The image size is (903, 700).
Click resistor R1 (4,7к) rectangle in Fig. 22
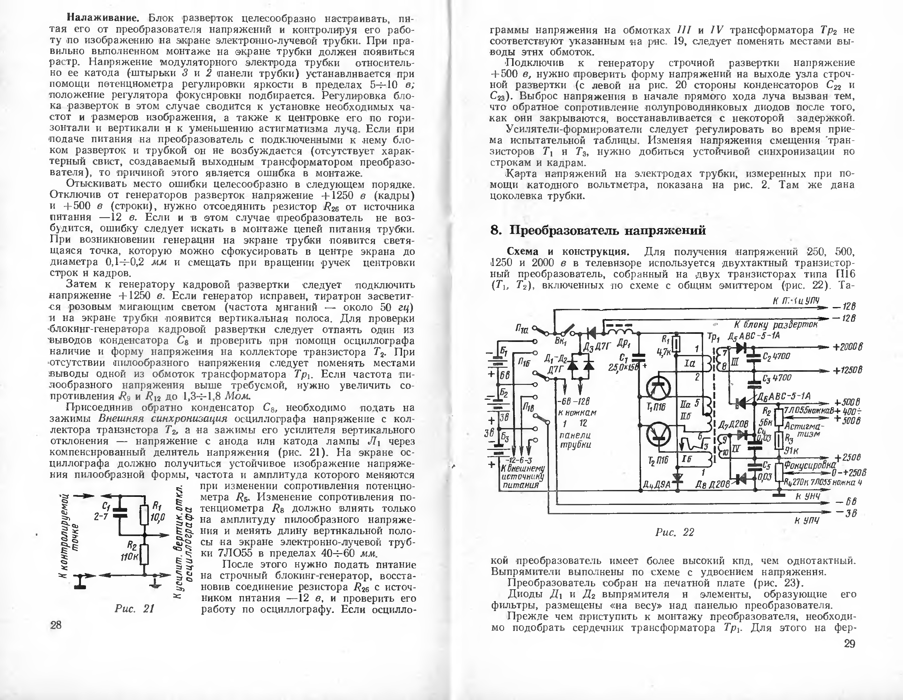click(x=676, y=344)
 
